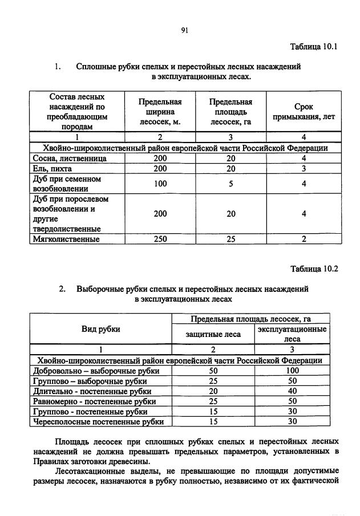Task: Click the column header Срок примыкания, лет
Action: point(304,111)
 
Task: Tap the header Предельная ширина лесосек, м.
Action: point(160,111)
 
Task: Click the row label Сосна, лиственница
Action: point(70,158)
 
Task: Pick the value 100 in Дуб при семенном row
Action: point(160,184)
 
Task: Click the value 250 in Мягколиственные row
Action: point(160,239)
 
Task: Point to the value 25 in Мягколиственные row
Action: point(230,239)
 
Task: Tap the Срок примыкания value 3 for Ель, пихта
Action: point(304,169)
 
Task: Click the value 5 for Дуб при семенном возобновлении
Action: point(230,184)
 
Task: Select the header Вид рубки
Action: point(100,329)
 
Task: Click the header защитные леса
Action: point(213,334)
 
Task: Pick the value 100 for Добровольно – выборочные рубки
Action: point(293,371)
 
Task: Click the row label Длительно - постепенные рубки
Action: point(93,391)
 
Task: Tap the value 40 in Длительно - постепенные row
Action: point(293,391)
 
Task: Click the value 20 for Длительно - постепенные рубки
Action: point(213,391)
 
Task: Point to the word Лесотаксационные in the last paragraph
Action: point(89,471)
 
